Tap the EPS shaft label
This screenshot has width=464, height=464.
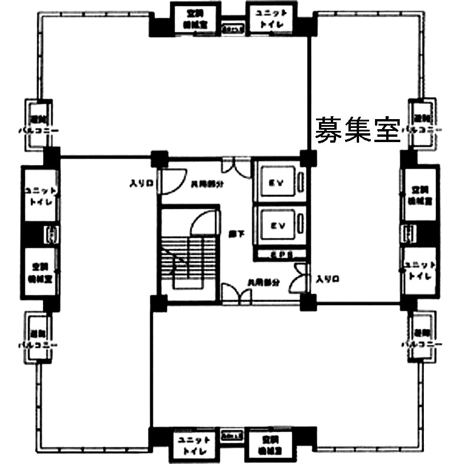pyautogui.click(x=277, y=254)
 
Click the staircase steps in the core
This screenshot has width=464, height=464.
pyautogui.click(x=183, y=259)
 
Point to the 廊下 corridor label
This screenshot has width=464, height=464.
pyautogui.click(x=233, y=232)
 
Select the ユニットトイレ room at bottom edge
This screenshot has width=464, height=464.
pyautogui.click(x=194, y=446)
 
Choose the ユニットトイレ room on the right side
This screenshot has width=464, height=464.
pyautogui.click(x=420, y=270)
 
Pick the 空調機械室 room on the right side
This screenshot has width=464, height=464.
pyautogui.click(x=420, y=195)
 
